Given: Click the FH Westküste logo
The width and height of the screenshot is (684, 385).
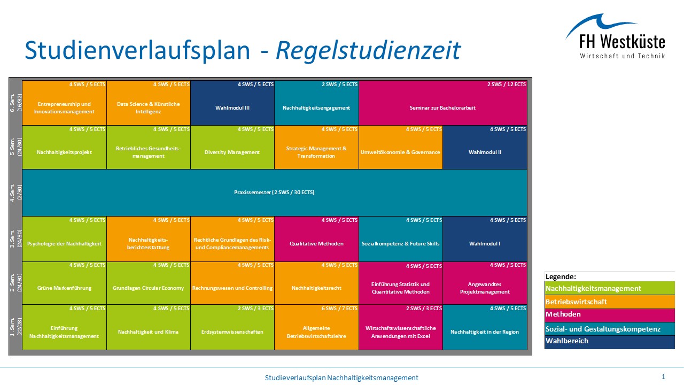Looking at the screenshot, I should point(615,37).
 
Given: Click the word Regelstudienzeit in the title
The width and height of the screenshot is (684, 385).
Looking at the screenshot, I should point(368,50).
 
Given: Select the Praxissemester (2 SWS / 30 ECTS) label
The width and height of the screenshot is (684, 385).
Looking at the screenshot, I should point(274,192).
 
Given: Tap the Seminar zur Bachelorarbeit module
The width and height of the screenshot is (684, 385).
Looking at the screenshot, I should point(442,107).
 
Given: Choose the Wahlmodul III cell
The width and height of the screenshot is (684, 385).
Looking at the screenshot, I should point(232,107).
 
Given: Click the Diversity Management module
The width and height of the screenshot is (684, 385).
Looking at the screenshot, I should point(232,152).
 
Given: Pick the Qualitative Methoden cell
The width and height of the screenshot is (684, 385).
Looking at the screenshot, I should point(316,243).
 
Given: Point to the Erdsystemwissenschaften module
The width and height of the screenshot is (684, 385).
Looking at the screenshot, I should point(232,332).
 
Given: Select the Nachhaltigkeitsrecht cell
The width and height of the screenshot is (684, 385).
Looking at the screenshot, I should point(316,288).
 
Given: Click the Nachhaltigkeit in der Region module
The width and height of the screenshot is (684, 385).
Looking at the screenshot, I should point(485,332).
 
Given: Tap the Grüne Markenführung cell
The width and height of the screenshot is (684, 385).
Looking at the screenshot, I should point(64,288).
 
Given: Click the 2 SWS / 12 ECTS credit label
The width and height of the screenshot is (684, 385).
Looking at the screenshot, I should point(506,84).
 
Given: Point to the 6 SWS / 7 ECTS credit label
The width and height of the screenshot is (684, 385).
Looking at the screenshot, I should point(339,309).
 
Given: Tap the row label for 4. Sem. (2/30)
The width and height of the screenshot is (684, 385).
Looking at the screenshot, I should point(15,192).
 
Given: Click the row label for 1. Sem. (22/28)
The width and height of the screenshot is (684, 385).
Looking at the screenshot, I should point(15,327).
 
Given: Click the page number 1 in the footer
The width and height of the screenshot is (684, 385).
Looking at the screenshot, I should point(663,377).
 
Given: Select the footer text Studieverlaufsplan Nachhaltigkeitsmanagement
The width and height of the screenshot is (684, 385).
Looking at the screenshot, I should point(341,378).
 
